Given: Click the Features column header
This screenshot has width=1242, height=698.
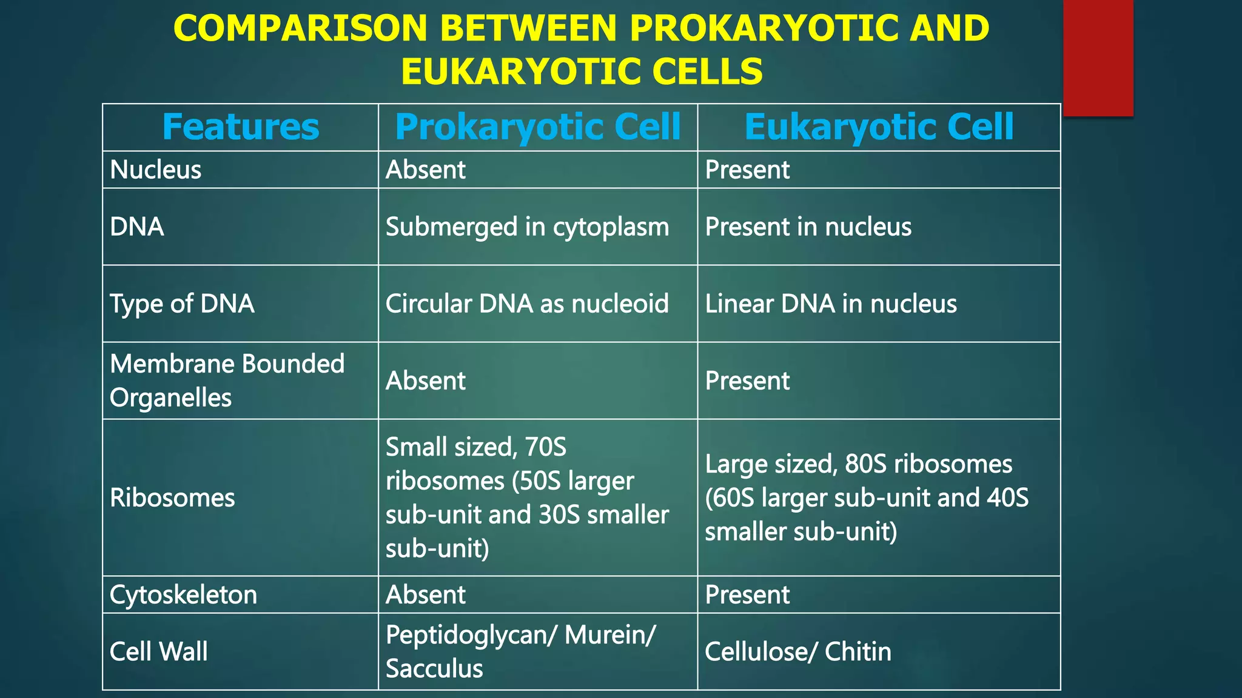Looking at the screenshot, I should [240, 127].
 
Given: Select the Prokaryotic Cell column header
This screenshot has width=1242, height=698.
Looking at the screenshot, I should [537, 127].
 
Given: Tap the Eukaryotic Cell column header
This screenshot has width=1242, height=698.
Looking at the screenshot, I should [878, 127].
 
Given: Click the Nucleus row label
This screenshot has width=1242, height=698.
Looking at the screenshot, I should [155, 170].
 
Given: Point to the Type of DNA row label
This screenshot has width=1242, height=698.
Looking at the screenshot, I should [182, 304].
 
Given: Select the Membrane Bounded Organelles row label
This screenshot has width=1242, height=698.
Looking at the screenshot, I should [227, 381].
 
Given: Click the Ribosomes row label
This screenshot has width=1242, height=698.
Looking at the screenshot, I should [172, 497].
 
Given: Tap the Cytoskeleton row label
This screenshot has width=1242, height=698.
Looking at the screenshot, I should [183, 594].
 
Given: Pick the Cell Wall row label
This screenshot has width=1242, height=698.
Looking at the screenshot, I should [158, 651].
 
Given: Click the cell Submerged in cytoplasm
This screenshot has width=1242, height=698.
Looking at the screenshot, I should [527, 227].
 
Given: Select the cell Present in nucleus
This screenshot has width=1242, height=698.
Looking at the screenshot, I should [808, 227].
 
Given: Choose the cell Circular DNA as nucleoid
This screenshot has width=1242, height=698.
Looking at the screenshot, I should [527, 304].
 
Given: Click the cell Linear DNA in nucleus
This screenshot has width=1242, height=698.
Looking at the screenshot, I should [830, 304].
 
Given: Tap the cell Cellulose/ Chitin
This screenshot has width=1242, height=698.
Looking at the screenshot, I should [797, 651].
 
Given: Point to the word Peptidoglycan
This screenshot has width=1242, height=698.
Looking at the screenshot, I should [471, 635].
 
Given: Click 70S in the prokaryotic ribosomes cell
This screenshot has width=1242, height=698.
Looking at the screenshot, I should [545, 447].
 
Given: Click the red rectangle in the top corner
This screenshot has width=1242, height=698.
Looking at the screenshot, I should [1098, 58].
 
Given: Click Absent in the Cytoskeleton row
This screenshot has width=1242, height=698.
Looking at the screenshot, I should [425, 594].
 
